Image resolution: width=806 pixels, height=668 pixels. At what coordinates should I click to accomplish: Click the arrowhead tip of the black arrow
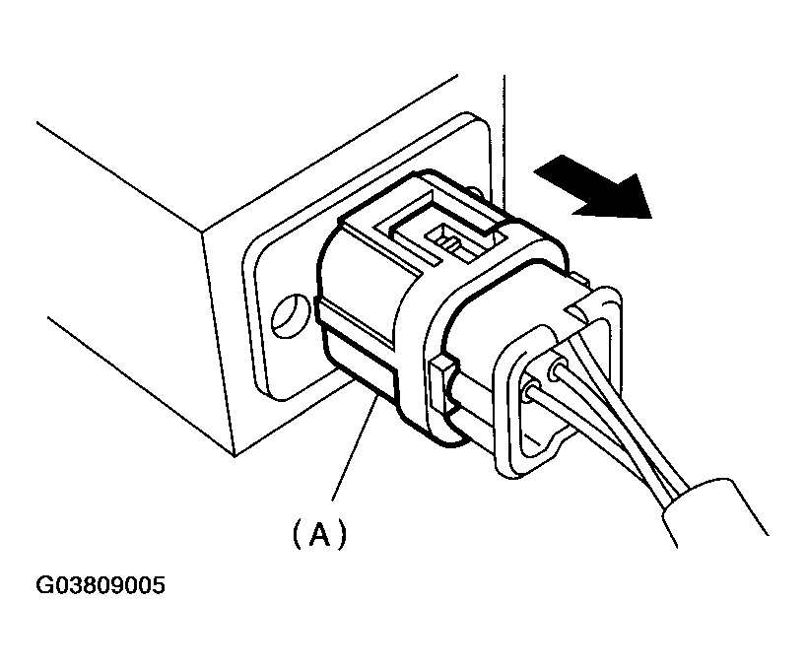(651, 218)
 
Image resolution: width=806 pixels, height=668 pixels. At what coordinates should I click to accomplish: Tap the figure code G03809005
(101, 586)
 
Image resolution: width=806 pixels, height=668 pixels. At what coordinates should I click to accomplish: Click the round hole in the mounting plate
(291, 315)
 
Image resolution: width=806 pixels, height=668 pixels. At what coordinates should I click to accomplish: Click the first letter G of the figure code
(43, 586)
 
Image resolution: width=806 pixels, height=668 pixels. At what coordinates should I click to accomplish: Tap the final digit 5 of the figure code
(160, 586)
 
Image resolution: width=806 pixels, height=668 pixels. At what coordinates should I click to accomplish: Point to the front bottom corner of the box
(235, 456)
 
